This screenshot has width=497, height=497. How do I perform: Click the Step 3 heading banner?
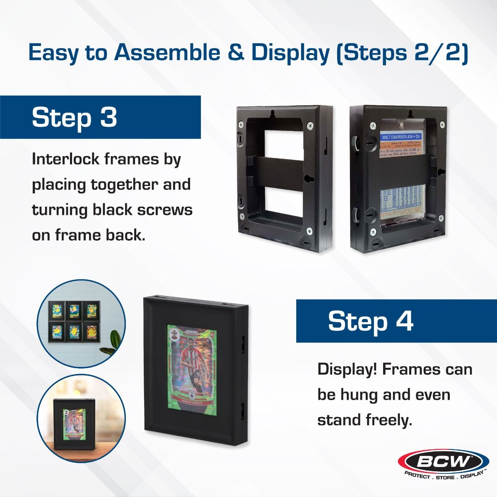pyautogui.click(x=100, y=117)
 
